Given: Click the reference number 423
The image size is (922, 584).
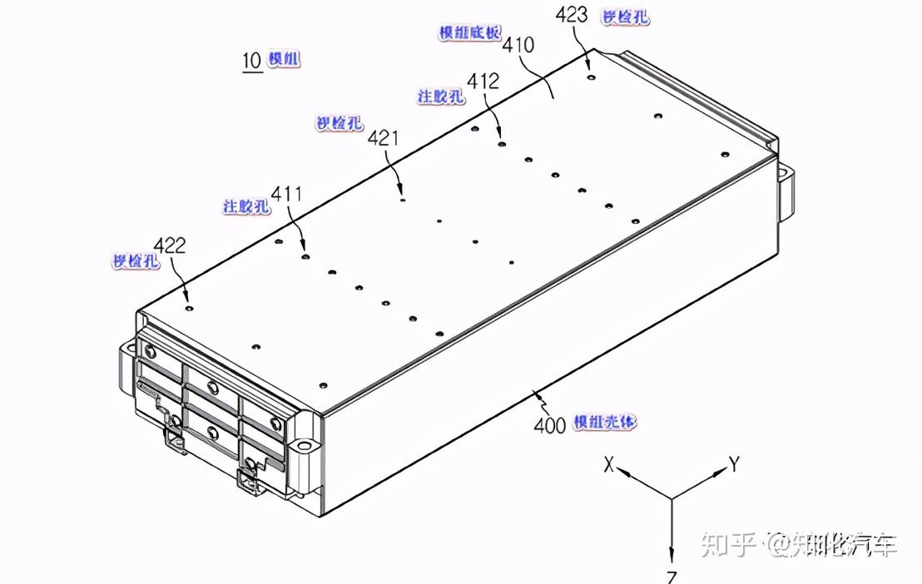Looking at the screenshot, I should click(x=572, y=14).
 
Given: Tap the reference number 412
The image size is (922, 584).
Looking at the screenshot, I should click(x=483, y=82).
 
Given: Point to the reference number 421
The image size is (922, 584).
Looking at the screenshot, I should click(x=383, y=138).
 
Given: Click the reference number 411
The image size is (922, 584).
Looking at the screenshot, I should click(x=286, y=195).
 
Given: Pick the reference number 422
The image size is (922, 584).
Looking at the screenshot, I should click(x=170, y=245).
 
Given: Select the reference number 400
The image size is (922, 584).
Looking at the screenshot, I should click(x=549, y=423).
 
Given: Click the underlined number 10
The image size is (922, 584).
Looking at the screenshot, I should click(x=251, y=60).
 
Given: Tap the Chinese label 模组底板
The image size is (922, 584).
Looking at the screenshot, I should click(x=470, y=32).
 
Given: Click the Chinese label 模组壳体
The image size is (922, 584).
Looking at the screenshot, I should click(x=605, y=423).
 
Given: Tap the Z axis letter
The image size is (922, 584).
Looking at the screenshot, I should click(x=672, y=577).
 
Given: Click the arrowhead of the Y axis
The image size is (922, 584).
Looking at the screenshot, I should click(x=720, y=474).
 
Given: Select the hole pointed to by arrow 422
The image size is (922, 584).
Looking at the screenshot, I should click(x=190, y=307).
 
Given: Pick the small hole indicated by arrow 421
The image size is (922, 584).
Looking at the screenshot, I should click(x=403, y=199).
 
